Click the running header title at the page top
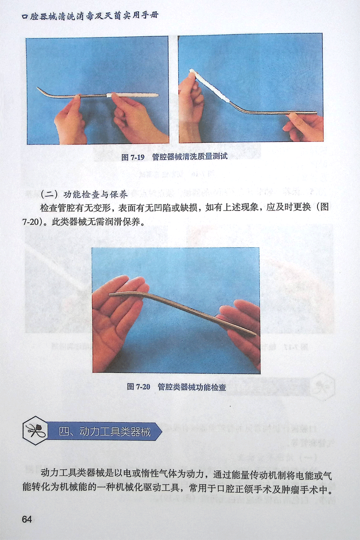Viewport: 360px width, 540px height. pyautogui.click(x=90, y=16)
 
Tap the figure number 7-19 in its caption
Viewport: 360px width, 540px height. pyautogui.click(x=137, y=157)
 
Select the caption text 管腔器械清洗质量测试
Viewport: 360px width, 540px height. pyautogui.click(x=190, y=157)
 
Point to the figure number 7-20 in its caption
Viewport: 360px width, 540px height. pyautogui.click(x=143, y=387)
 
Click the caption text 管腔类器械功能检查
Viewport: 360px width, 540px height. pyautogui.click(x=192, y=387)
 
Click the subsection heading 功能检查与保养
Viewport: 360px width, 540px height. pyautogui.click(x=95, y=194)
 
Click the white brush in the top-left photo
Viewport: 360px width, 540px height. pyautogui.click(x=133, y=95)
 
